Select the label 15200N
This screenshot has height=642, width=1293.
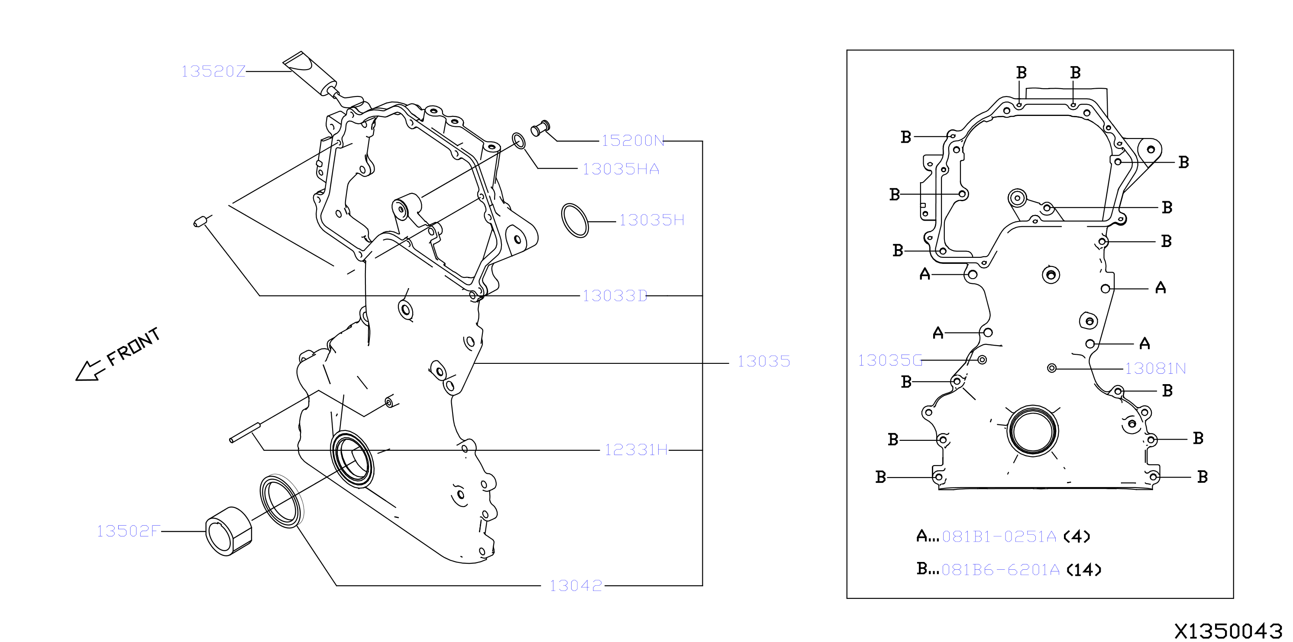coord(633,141)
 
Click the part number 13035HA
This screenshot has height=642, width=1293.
coord(621,169)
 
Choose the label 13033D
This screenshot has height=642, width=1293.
coord(614,296)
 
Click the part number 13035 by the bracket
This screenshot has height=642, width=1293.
coord(763,361)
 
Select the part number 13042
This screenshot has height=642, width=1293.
coord(576,585)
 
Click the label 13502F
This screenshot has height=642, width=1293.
coord(129,531)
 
